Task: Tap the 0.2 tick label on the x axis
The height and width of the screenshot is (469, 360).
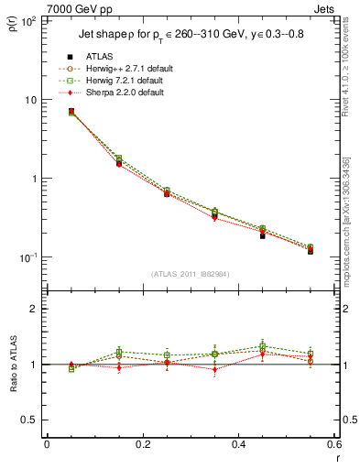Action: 143,445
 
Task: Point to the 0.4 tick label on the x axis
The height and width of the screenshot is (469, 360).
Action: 238,445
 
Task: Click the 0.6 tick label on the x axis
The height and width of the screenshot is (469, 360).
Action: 333,445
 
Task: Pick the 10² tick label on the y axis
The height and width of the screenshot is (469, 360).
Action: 27,21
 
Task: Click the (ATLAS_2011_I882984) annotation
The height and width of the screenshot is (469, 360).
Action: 191,274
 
